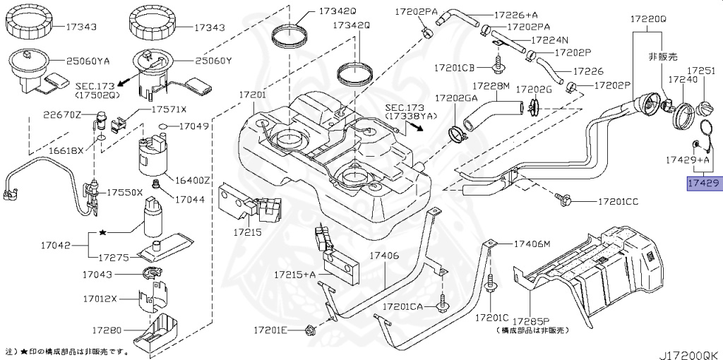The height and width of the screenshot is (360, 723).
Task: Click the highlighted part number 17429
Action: (703, 184)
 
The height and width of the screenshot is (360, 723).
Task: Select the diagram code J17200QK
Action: (689, 351)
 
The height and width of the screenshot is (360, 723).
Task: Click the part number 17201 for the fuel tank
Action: (251, 94)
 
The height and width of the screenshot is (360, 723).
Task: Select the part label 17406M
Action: (532, 244)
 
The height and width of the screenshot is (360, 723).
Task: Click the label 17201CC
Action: (618, 202)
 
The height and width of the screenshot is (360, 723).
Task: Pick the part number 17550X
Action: (125, 192)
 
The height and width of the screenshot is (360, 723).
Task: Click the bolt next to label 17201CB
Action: (500, 68)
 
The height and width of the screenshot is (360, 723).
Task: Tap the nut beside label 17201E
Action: (309, 329)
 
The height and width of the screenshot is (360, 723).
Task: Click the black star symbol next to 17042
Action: (103, 232)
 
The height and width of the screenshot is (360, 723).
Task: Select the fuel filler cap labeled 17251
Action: (704, 110)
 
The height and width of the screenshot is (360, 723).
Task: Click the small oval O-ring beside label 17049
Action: (162, 127)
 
